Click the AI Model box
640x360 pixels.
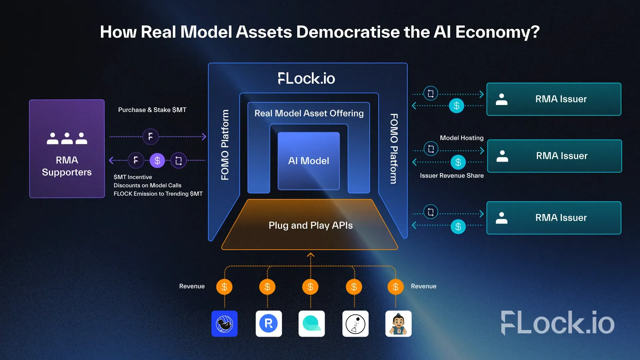(309, 161)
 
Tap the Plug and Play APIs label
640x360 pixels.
(310, 225)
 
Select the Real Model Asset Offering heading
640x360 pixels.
(309, 113)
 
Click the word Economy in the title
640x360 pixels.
(497, 32)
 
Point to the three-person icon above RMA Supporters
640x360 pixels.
(67, 138)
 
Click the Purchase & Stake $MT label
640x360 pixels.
(152, 110)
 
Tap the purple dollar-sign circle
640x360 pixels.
(157, 161)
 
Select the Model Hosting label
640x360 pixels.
(461, 138)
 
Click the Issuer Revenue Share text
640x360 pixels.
(452, 176)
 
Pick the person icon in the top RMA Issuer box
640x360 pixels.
(501, 99)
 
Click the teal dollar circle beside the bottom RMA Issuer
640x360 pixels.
(458, 227)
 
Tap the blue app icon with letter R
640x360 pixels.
(269, 324)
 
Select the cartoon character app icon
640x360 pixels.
(398, 324)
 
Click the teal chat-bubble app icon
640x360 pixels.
(312, 324)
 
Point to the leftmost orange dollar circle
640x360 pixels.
(224, 287)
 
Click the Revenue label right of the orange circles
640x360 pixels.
(423, 286)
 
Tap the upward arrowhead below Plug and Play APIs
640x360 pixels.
(311, 255)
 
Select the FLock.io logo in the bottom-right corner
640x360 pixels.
(558, 323)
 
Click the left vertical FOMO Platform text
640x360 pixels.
(225, 145)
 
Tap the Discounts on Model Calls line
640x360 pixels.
(147, 185)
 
